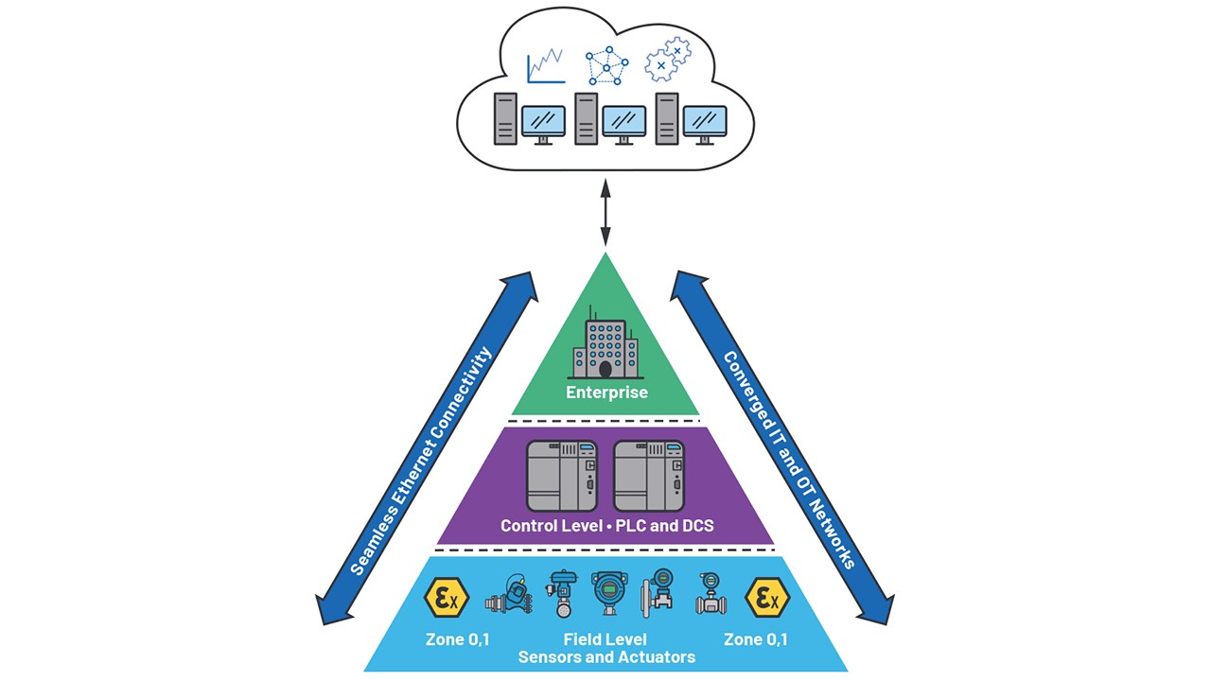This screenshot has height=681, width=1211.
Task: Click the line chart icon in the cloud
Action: [546, 66]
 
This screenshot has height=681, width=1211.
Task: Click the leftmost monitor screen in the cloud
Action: [543, 122]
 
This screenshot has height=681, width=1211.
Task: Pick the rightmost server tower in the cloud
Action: [668, 118]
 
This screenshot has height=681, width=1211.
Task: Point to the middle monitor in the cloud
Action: [623, 122]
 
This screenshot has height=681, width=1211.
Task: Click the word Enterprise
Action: [606, 392]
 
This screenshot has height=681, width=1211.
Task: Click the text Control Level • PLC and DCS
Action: [606, 526]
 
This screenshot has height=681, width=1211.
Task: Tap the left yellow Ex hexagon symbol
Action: [446, 598]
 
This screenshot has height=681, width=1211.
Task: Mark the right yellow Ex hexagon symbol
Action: [766, 598]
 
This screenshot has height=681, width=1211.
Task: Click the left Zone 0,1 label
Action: [458, 639]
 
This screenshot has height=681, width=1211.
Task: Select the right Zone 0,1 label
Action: [756, 639]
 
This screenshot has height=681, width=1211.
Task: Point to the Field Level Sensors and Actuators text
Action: [605, 648]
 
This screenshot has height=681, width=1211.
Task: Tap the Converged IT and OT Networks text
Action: [788, 461]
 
